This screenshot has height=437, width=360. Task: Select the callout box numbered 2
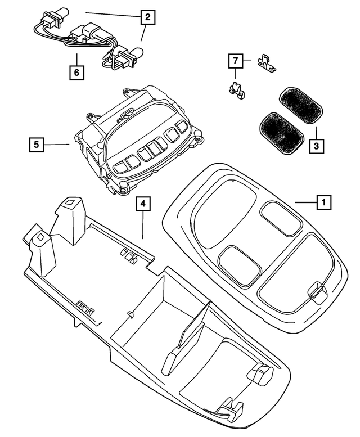pos(147,17)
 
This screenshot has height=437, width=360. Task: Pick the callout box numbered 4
pos(143,205)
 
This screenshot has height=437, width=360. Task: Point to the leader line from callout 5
pos(57,145)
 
